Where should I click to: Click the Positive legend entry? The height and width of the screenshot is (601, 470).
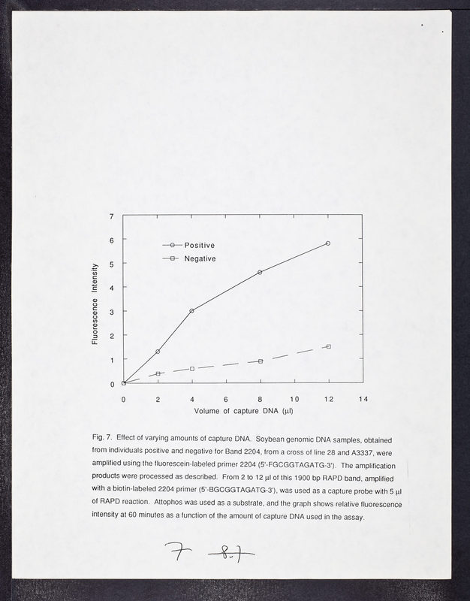point(199,246)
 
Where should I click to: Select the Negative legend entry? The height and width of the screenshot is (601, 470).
point(200,259)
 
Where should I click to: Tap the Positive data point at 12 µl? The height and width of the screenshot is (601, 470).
point(328,243)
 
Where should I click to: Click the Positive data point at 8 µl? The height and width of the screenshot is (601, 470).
point(260,272)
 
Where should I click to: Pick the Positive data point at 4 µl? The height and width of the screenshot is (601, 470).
point(191,310)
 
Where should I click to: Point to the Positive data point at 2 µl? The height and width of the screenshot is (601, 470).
point(158,352)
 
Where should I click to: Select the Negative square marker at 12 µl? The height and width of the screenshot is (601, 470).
point(328,346)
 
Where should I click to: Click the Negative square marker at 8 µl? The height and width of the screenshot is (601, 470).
point(260,361)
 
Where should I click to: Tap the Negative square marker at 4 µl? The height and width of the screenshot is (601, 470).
point(192,369)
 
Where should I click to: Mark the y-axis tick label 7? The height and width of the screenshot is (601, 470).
point(112,216)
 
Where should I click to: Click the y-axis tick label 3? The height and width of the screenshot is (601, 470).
point(112,312)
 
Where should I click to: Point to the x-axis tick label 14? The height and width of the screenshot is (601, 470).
point(363,399)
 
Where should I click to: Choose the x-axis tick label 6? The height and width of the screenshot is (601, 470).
point(226,399)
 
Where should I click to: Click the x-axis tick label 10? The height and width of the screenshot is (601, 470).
point(294,399)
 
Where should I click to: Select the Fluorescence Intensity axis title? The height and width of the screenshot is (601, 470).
point(95,304)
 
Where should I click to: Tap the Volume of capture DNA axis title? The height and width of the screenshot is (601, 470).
point(243,412)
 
